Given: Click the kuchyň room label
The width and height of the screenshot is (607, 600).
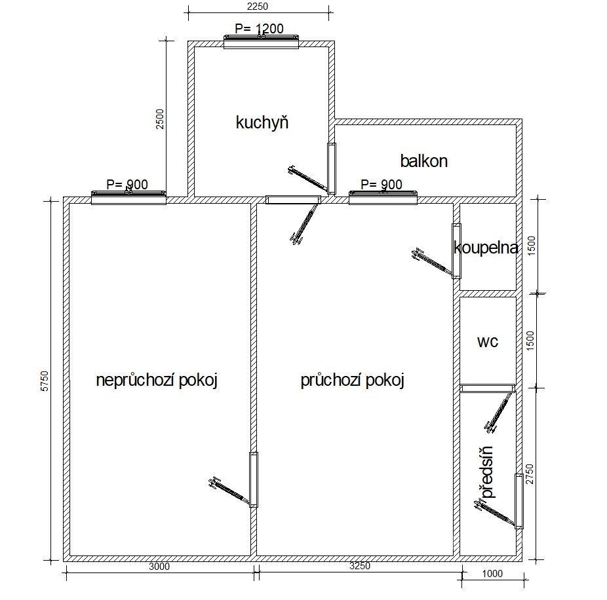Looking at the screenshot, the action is (262, 122).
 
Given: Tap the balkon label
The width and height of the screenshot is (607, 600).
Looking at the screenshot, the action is (424, 161).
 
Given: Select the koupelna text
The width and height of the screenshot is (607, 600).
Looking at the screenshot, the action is (486, 248).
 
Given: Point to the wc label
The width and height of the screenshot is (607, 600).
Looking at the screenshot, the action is (488, 341).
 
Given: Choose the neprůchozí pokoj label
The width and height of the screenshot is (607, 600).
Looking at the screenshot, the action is (157, 380).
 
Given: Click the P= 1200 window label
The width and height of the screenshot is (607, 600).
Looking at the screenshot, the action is (259, 29).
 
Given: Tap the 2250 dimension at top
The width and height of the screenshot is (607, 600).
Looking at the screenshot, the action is (258, 6).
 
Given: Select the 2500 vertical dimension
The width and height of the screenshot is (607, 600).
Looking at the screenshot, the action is (159, 119).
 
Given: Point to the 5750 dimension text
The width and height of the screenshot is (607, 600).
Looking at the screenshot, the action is (45, 381).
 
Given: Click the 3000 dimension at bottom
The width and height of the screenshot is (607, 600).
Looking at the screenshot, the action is (159, 567).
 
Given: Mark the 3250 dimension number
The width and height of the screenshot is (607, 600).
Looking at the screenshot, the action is (360, 565).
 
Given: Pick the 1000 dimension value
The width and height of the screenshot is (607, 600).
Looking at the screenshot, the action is (492, 573).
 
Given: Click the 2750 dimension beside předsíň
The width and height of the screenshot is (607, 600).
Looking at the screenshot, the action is (530, 474).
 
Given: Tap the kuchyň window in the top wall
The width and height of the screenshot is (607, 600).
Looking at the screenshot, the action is (262, 41).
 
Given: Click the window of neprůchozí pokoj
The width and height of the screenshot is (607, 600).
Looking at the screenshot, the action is (128, 197).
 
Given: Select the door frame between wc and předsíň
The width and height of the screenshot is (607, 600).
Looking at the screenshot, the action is (488, 388).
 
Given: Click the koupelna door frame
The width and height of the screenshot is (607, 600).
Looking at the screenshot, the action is (456, 251).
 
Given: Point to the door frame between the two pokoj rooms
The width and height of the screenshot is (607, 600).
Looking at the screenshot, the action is (254, 479).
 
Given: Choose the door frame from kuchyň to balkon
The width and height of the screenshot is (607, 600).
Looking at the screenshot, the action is (332, 168).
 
